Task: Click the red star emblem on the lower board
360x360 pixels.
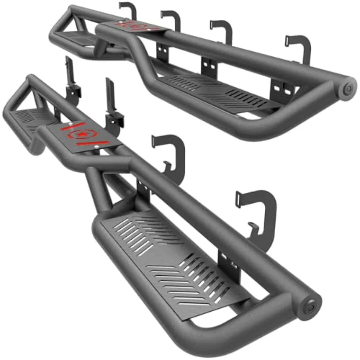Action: tap(82, 134)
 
